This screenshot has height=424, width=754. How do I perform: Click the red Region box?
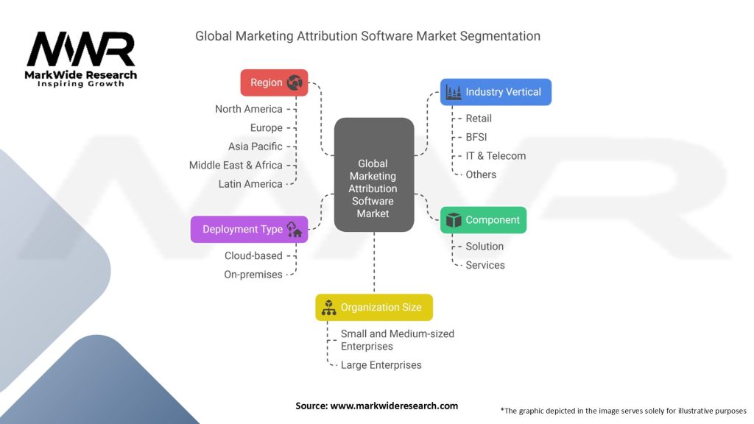coord(274,82)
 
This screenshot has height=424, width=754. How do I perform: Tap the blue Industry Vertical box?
coord(496,92)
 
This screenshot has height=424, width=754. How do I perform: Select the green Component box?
coord(483,220)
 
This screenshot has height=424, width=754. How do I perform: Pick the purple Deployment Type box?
coord(249,229)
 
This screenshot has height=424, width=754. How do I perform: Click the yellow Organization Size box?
coord(374,307)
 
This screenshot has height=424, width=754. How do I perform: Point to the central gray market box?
coord(373,175)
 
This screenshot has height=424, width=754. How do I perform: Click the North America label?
coord(248,109)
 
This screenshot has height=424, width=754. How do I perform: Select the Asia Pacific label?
coord(255,146)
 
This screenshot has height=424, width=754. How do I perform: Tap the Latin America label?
coord(250,184)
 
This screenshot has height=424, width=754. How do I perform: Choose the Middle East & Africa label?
coord(236,165)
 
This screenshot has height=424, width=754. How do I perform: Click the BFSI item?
coord(476,137)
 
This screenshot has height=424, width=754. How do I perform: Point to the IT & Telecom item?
coord(496,155)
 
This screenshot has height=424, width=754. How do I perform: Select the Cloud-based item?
coord(253,255)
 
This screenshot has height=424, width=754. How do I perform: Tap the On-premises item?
coord(253,275)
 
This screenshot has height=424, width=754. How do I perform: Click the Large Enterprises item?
coord(381,365)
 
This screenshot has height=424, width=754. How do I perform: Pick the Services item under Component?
coord(485,265)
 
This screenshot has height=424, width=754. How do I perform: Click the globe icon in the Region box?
coord(295,82)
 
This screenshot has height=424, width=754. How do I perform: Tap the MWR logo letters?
coord(81,49)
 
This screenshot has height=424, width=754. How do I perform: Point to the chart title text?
coord(367,36)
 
